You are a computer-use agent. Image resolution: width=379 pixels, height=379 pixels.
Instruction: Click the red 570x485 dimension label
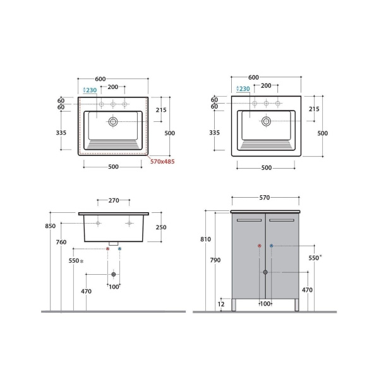162,162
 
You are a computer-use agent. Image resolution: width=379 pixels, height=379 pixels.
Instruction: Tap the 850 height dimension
51,226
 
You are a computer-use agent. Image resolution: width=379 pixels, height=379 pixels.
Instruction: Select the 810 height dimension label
205,239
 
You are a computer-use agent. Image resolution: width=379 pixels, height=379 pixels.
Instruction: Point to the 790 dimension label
215,260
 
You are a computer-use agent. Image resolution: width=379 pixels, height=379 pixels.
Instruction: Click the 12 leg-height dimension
221,304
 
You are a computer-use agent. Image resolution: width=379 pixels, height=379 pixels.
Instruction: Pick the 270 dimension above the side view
114,200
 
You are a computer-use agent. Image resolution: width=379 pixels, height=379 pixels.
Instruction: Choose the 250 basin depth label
161,227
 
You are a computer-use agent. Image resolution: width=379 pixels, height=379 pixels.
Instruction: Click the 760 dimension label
61,242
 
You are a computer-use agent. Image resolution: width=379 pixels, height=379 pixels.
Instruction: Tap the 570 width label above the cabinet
265,198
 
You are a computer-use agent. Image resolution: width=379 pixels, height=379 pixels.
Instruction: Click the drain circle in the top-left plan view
113,121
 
